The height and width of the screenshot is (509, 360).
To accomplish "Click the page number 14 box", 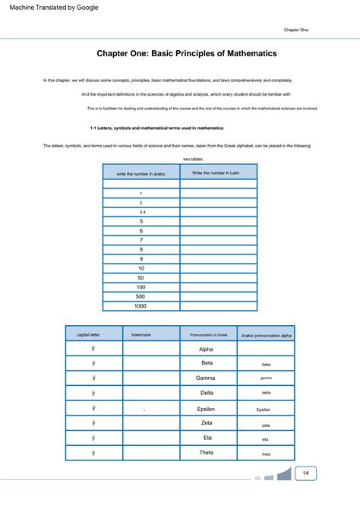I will pos(305,473).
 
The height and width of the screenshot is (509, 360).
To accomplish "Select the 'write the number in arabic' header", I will pos(141,174).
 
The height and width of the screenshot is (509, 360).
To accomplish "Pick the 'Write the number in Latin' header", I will pos(219,173).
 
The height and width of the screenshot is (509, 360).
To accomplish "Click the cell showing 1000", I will pos(141,305).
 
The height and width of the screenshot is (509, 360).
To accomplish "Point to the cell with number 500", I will pos(141,296).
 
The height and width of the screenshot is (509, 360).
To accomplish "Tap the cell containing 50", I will pos(141,277).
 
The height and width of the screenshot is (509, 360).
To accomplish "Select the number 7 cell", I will pos(141,239).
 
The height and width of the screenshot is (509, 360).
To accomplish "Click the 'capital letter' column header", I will pos(93,334).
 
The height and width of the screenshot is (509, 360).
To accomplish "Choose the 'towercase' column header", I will pos(151,334).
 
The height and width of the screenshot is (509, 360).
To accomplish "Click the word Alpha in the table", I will pos(207,349).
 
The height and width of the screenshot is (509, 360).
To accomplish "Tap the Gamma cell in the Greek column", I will pos(207,378).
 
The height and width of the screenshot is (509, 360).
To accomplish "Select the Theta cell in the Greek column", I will pos(207,453).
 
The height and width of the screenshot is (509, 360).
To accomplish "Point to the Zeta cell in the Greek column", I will pos(207,422).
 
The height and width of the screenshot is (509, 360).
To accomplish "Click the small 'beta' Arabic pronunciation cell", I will pos(266,365).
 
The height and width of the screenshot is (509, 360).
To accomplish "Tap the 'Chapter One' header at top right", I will pos(295,30).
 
